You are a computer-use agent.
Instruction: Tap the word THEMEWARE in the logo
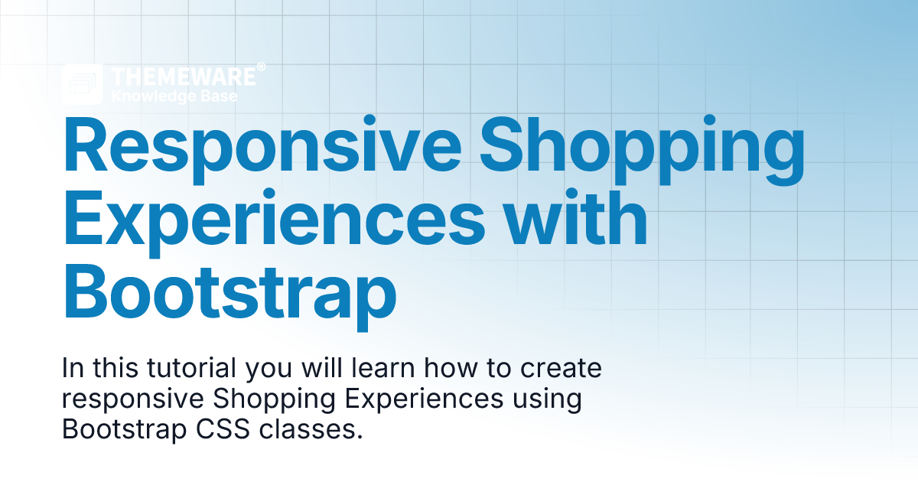click(x=183, y=77)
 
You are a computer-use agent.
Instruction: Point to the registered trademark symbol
click(x=261, y=67)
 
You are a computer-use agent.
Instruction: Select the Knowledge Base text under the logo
click(x=174, y=96)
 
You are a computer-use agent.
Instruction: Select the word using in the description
click(x=548, y=400)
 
